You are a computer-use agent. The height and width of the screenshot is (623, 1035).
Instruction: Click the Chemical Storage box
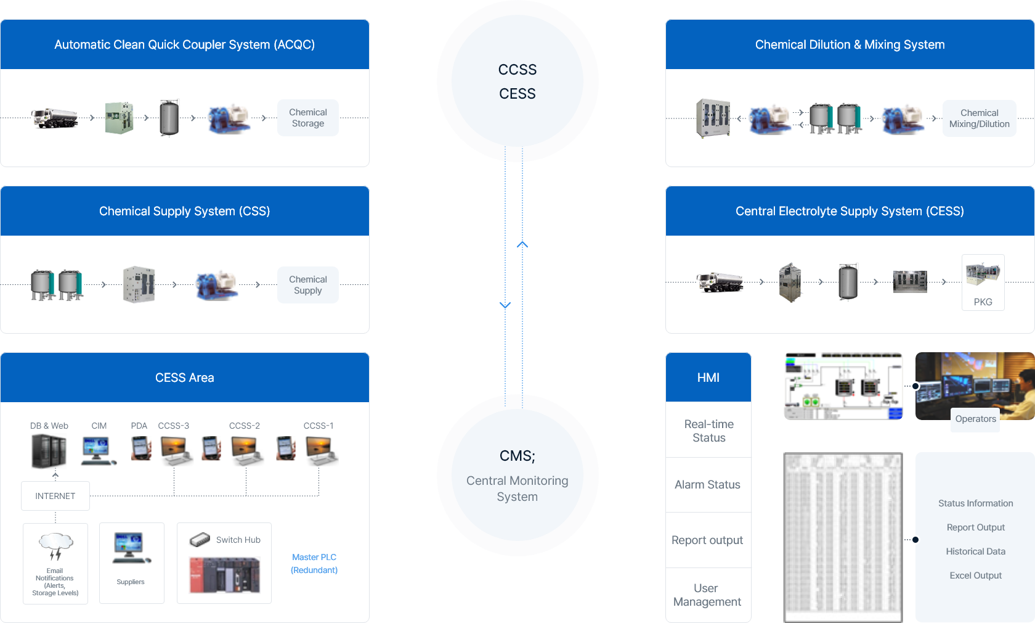(308, 118)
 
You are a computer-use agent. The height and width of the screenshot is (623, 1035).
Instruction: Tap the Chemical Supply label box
(308, 285)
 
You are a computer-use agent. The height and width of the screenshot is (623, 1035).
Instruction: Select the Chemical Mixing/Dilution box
(979, 118)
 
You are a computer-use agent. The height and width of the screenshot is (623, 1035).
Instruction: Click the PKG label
(983, 302)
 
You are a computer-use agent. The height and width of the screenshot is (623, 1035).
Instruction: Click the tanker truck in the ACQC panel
(55, 118)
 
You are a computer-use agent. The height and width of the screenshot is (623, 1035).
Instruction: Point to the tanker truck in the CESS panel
(720, 282)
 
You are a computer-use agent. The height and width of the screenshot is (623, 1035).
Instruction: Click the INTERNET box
(55, 496)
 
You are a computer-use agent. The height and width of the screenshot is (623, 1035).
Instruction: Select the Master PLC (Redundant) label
(314, 564)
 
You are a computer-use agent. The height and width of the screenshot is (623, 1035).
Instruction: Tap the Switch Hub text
(238, 540)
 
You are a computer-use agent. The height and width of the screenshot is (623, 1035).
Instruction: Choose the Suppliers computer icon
(131, 548)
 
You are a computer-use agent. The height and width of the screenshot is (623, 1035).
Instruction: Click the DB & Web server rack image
(49, 451)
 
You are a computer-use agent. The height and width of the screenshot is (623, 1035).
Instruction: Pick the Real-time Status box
(708, 431)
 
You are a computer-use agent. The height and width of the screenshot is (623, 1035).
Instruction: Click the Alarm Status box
(707, 485)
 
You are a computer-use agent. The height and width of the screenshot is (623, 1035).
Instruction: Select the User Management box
(707, 595)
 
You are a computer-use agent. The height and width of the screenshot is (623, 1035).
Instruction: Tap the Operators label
(975, 419)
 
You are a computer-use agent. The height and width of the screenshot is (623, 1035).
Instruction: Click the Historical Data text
(975, 551)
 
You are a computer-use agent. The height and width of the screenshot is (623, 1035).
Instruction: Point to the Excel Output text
(975, 576)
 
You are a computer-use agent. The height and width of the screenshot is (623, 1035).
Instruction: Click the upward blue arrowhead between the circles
(522, 245)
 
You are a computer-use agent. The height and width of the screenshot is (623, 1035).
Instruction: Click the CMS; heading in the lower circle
(517, 456)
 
